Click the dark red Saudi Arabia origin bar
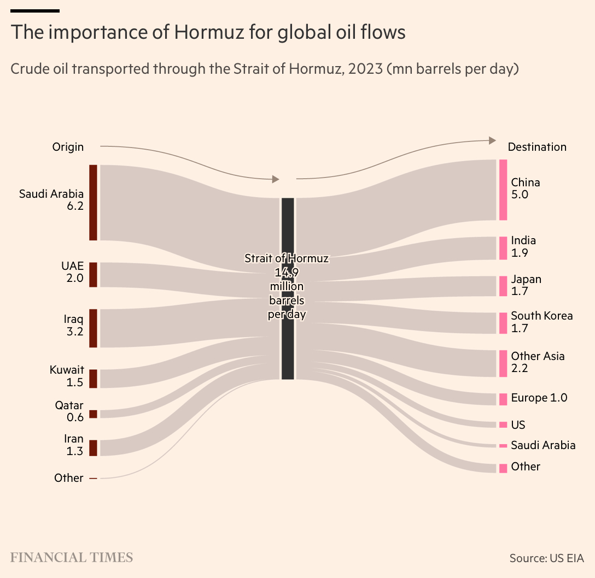pyautogui.click(x=94, y=202)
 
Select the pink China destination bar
pyautogui.click(x=503, y=190)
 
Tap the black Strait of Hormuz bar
pyautogui.click(x=288, y=288)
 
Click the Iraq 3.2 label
pyautogui.click(x=74, y=325)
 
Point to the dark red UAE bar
pyautogui.click(x=94, y=275)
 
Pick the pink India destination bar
pyautogui.click(x=503, y=248)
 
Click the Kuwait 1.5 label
pyautogui.click(x=67, y=376)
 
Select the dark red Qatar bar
pyautogui.click(x=94, y=414)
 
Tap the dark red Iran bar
pyautogui.click(x=94, y=448)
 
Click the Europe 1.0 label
pyautogui.click(x=539, y=398)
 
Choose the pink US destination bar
pyautogui.click(x=503, y=425)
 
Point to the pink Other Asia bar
pyautogui.click(x=503, y=364)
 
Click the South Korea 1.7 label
pyautogui.click(x=541, y=322)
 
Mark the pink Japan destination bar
pyautogui.click(x=503, y=286)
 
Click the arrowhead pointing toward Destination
pyautogui.click(x=493, y=140)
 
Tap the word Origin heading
pyautogui.click(x=68, y=146)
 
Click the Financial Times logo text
pyautogui.click(x=72, y=558)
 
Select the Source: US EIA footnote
pyautogui.click(x=547, y=558)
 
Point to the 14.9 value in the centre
pyautogui.click(x=287, y=272)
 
